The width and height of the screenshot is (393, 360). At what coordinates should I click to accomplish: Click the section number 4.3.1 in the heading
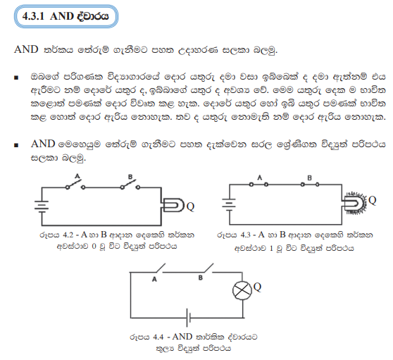pyautogui.click(x=33, y=16)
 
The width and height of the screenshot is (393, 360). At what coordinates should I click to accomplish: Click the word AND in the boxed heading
pyautogui.click(x=62, y=16)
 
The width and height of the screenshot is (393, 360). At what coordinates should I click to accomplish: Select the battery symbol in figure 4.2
pyautogui.click(x=42, y=206)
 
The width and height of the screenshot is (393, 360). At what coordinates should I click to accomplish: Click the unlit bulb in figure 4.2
pyautogui.click(x=173, y=205)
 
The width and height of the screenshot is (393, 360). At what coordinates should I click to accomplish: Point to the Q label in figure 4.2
pyautogui.click(x=190, y=206)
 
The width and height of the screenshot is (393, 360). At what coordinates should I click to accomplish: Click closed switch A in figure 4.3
pyautogui.click(x=258, y=185)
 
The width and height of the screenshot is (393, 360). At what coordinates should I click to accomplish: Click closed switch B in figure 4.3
pyautogui.click(x=310, y=185)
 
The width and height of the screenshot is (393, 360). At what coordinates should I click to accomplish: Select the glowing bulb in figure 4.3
pyautogui.click(x=354, y=203)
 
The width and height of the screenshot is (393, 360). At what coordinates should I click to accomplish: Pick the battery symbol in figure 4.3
pyautogui.click(x=229, y=204)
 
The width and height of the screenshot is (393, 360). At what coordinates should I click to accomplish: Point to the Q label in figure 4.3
pyautogui.click(x=372, y=200)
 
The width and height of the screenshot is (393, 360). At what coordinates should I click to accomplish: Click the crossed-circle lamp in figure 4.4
pyautogui.click(x=242, y=290)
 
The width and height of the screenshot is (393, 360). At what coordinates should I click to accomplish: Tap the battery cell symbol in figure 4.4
pyautogui.click(x=188, y=318)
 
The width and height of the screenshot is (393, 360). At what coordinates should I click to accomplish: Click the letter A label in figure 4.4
pyautogui.click(x=154, y=279)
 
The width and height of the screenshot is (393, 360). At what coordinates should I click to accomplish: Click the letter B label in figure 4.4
pyautogui.click(x=200, y=278)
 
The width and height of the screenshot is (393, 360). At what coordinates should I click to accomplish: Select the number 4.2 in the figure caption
pyautogui.click(x=68, y=235)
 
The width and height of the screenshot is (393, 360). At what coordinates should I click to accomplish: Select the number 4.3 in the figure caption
pyautogui.click(x=245, y=235)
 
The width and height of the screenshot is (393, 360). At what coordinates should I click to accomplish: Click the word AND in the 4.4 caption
pyautogui.click(x=182, y=337)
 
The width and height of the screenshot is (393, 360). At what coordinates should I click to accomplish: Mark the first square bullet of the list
pyautogui.click(x=16, y=77)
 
